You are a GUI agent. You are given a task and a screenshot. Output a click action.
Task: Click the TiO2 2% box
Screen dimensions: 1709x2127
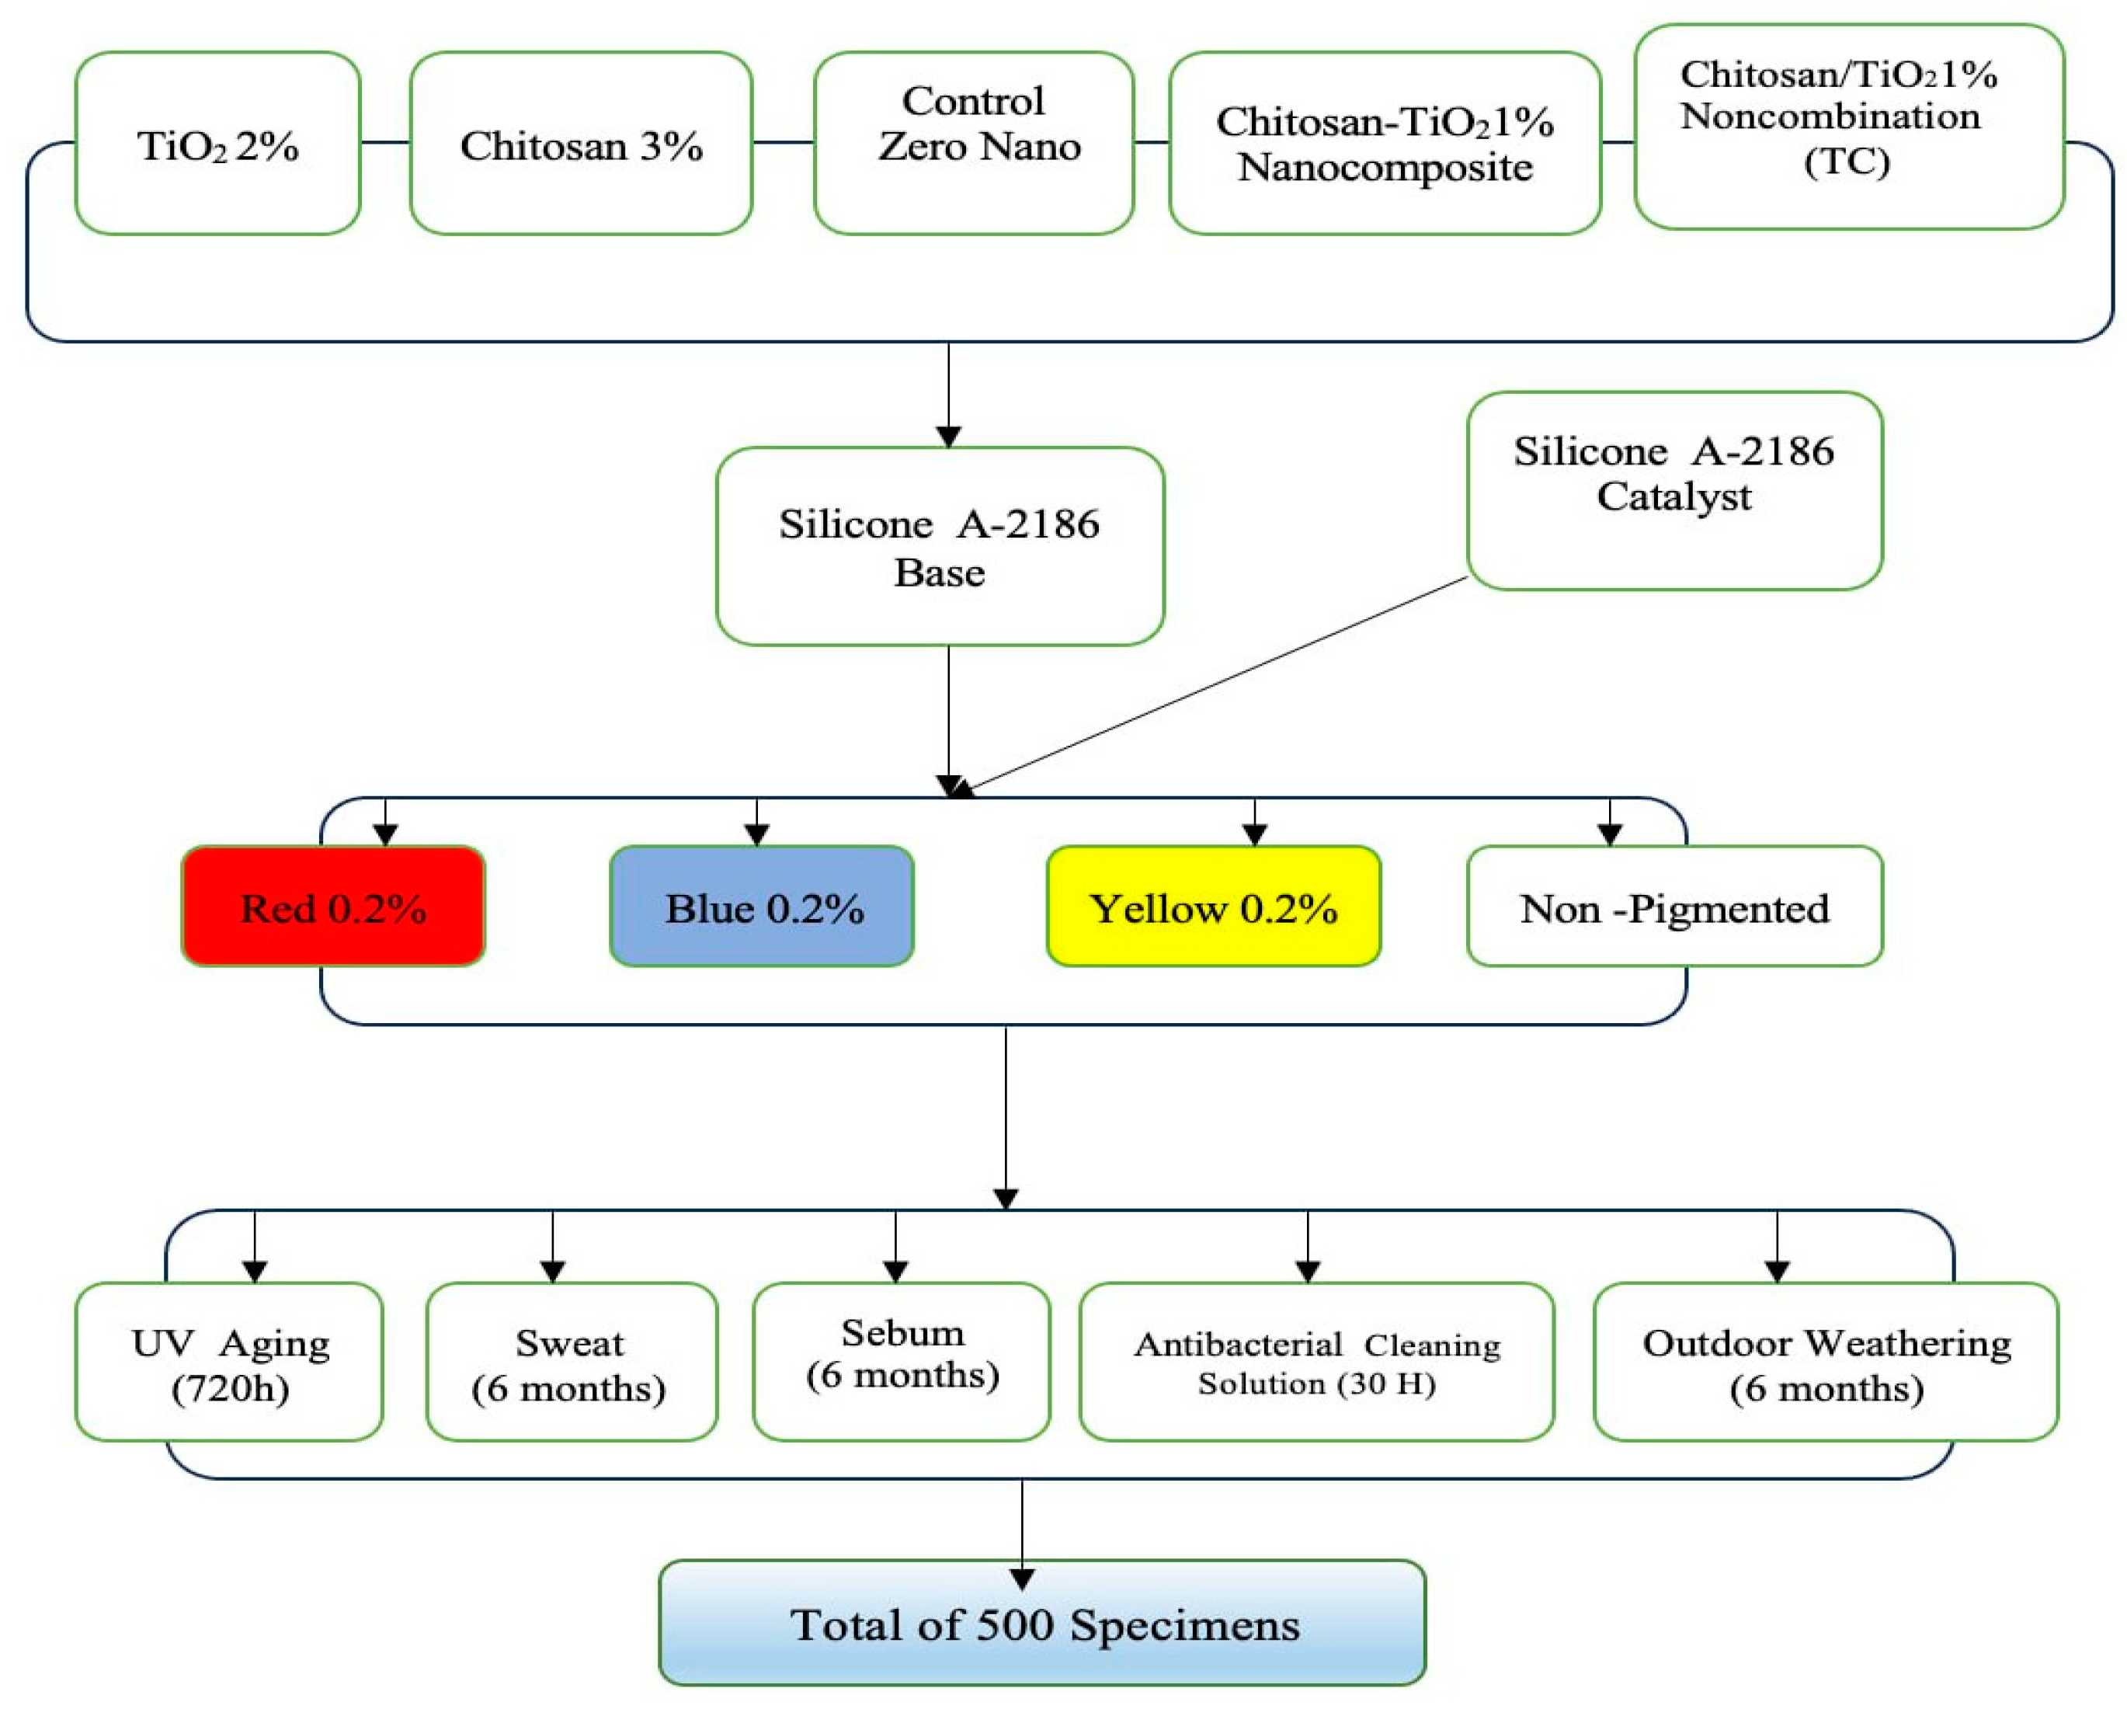(217, 144)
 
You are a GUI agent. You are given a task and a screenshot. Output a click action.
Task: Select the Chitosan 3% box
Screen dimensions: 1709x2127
(581, 144)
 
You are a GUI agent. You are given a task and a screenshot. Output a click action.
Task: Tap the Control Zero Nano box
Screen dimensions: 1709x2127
(974, 144)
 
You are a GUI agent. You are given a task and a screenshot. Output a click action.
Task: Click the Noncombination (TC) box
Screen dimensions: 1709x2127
(1849, 127)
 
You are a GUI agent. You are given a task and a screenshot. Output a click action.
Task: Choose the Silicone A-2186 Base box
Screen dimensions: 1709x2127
(939, 547)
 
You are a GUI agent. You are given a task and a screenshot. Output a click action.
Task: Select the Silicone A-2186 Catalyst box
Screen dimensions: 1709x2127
(1674, 490)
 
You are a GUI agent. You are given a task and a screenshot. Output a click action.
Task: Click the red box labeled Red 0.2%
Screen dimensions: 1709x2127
(333, 906)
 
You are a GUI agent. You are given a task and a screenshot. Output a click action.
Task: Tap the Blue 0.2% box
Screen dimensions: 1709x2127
(762, 906)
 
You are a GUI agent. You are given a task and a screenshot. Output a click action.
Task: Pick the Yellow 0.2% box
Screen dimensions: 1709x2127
(1214, 906)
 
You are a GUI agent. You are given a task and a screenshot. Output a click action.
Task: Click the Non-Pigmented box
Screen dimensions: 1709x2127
(1674, 906)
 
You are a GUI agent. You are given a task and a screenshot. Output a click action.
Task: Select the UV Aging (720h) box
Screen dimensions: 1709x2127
(229, 1362)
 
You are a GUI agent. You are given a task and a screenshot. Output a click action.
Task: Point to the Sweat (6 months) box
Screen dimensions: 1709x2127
(572, 1362)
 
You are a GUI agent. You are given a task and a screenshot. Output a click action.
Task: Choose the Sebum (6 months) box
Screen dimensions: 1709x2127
(901, 1362)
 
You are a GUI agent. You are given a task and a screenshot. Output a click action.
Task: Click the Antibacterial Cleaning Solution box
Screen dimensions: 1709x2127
(1316, 1362)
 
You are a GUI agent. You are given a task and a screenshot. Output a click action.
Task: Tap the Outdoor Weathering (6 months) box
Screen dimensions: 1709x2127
(1825, 1362)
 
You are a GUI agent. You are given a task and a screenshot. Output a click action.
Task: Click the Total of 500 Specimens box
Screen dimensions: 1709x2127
(1042, 1623)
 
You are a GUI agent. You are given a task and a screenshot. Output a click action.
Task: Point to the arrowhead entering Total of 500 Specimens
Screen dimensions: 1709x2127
(1022, 1578)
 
